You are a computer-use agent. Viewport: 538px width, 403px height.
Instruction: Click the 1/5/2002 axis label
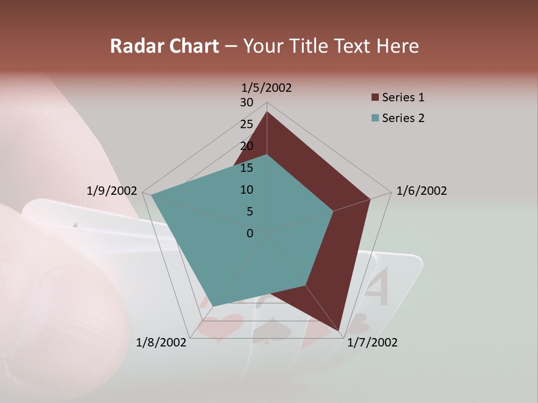(266, 87)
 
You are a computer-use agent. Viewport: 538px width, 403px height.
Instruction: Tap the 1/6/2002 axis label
(421, 191)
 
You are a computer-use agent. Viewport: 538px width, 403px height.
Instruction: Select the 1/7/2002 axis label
(372, 342)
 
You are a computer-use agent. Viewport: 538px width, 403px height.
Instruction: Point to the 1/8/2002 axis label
(161, 342)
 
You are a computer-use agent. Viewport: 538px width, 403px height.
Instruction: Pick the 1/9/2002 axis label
(112, 191)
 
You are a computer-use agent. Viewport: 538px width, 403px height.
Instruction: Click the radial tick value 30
(247, 102)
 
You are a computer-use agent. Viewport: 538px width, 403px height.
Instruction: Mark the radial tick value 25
(247, 124)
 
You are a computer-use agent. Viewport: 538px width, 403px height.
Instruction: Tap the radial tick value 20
(247, 146)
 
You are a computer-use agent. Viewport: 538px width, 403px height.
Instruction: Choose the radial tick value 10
(247, 190)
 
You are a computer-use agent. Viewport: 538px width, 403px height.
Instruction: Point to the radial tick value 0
(250, 233)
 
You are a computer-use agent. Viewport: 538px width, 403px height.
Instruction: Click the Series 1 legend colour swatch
(375, 98)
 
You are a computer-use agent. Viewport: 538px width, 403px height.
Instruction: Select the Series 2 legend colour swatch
(375, 118)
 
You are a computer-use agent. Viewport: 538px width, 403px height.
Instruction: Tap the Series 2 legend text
(403, 118)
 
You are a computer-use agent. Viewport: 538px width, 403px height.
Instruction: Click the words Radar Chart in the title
(164, 46)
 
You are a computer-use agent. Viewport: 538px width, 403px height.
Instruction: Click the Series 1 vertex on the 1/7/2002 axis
(340, 332)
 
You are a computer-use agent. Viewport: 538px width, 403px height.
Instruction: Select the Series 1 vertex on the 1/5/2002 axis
(267, 112)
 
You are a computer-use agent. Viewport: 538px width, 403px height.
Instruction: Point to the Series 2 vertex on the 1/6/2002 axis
(333, 211)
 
